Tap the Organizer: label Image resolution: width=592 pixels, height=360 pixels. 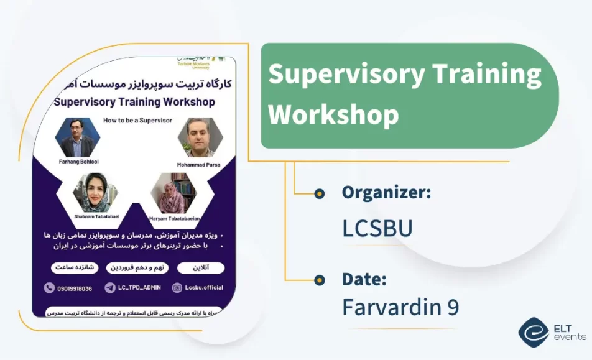pyautogui.click(x=386, y=193)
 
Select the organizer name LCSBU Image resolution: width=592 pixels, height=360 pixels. pyautogui.click(x=377, y=228)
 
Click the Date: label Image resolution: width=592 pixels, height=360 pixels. pyautogui.click(x=364, y=279)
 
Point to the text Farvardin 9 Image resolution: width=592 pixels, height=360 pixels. pyautogui.click(x=400, y=307)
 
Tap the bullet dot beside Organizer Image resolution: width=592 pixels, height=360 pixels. pyautogui.click(x=320, y=193)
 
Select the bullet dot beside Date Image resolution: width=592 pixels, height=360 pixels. pyautogui.click(x=320, y=280)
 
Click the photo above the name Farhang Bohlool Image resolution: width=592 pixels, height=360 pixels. pyautogui.click(x=77, y=137)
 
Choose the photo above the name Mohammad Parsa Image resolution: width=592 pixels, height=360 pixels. pyautogui.click(x=200, y=137)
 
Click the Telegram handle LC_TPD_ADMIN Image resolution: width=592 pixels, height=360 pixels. pyautogui.click(x=140, y=288)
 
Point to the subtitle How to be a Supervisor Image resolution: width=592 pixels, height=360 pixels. pyautogui.click(x=137, y=120)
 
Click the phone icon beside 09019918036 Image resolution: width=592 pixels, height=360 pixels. pyautogui.click(x=49, y=288)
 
